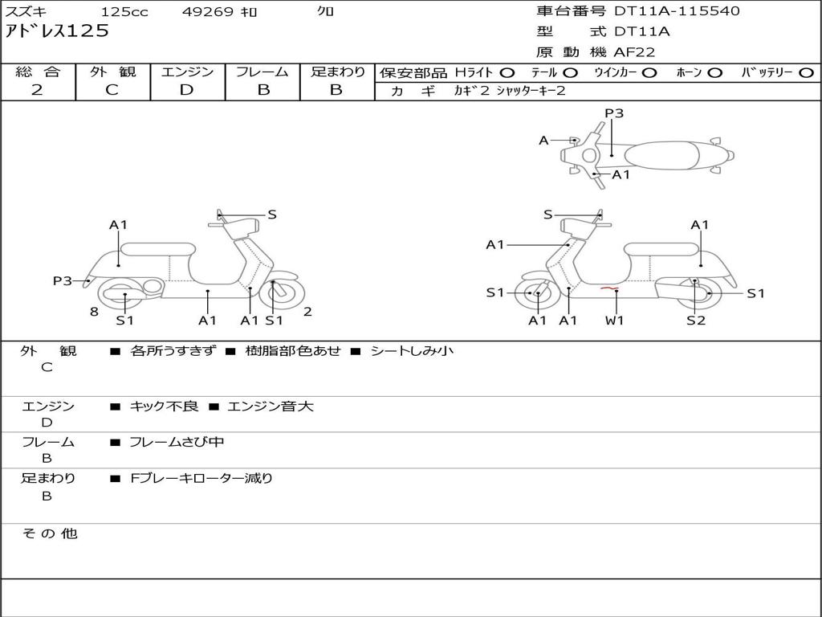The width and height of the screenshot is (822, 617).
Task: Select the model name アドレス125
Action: click(x=57, y=32)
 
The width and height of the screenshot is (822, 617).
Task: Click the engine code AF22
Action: click(x=634, y=52)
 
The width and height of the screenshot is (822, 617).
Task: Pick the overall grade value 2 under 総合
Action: click(x=37, y=90)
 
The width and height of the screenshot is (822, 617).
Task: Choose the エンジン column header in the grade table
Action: click(x=187, y=72)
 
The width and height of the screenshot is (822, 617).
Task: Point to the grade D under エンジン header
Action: click(x=187, y=90)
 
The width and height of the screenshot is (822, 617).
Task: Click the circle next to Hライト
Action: click(x=507, y=72)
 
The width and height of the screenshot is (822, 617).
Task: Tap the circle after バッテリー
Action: click(x=806, y=72)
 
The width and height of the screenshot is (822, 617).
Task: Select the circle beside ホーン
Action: click(x=714, y=72)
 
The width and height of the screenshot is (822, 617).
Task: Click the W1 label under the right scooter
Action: click(x=615, y=321)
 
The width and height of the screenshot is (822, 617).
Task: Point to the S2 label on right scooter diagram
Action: click(x=695, y=321)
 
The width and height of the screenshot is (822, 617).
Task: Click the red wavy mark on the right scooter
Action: click(x=609, y=288)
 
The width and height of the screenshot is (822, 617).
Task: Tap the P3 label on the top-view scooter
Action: click(x=614, y=113)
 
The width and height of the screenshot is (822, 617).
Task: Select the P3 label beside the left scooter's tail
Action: click(x=63, y=280)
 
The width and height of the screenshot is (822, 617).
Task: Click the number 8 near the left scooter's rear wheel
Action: click(x=94, y=312)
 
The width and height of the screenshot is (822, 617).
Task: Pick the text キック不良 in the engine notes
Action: click(x=164, y=407)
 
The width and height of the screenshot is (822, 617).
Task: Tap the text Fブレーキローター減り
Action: click(x=201, y=478)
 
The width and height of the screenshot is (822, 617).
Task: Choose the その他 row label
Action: click(x=49, y=533)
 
